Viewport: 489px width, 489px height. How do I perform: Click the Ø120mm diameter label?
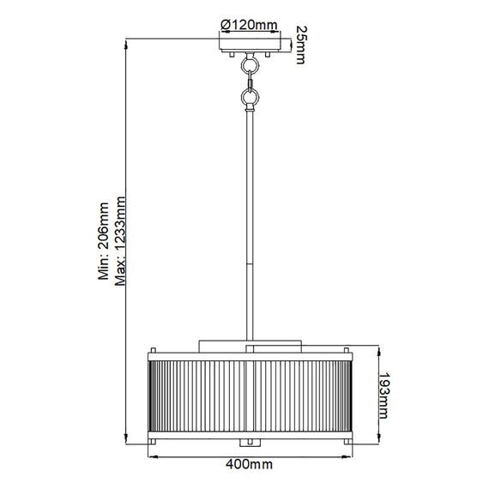coord(249,24)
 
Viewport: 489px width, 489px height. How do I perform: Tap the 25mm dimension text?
coord(301,44)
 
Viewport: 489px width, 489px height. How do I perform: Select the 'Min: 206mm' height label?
coord(103,243)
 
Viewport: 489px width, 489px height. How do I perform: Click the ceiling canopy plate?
coord(249,45)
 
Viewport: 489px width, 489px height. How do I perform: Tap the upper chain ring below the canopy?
coord(249,64)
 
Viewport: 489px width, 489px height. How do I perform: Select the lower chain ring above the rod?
coord(249,100)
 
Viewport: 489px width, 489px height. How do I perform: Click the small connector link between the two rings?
coord(249,82)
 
